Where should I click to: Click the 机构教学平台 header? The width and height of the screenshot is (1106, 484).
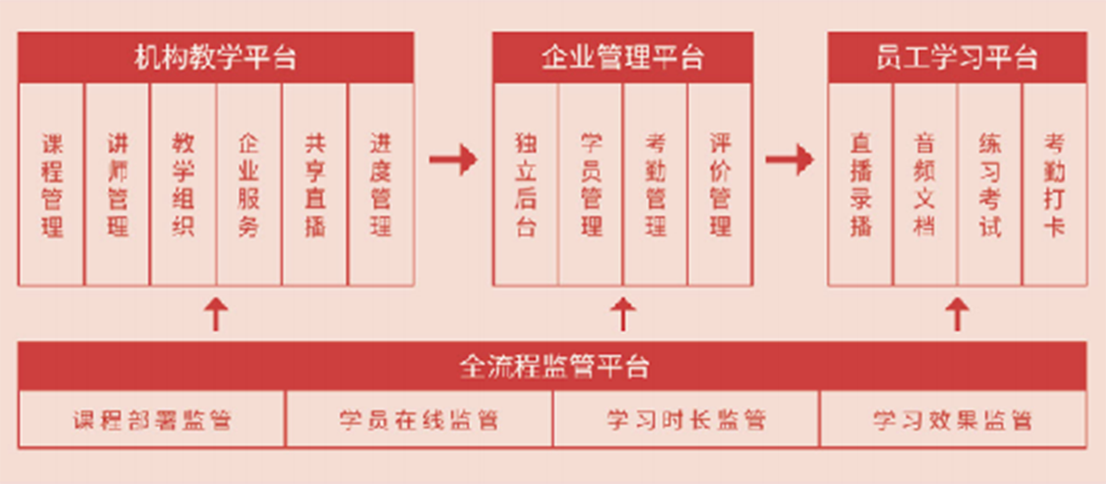click(215, 58)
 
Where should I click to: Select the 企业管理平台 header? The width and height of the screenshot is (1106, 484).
click(622, 58)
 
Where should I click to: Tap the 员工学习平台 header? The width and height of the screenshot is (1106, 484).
click(957, 58)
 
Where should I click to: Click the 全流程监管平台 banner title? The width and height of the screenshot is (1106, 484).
click(552, 366)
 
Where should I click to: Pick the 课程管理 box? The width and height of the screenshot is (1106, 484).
click(52, 185)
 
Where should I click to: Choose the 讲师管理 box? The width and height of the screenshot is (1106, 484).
click(118, 185)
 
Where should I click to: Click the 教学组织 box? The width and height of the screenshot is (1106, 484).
click(183, 185)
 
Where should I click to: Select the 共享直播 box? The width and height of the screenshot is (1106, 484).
click(315, 185)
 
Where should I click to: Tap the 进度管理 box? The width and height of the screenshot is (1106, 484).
click(380, 185)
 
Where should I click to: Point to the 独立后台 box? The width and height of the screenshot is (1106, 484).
click(525, 185)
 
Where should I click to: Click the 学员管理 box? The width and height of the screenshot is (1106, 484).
click(591, 185)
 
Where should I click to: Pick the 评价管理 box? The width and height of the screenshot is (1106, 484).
click(720, 185)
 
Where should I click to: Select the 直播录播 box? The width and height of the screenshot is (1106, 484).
click(860, 185)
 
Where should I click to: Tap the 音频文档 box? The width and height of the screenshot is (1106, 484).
click(925, 185)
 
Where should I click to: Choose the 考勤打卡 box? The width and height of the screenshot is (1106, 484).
click(1054, 185)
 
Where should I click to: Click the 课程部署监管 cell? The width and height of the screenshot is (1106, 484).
click(153, 421)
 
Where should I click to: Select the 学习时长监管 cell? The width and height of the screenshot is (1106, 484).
click(686, 421)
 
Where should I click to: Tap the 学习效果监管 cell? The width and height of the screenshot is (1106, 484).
click(952, 421)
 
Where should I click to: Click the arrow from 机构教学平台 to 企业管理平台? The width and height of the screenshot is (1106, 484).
click(453, 159)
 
